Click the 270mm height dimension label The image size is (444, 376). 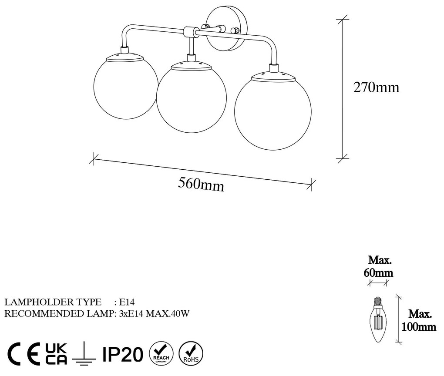377,87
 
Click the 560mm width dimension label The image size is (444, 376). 201,185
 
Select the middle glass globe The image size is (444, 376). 192,98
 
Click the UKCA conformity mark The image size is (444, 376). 56,354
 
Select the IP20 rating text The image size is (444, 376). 122,354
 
